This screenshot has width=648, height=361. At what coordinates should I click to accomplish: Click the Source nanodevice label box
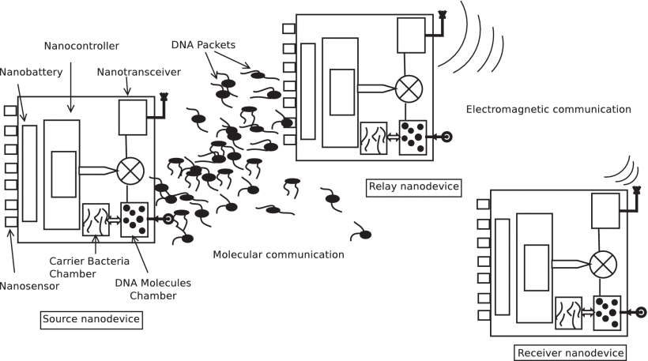pos(91,319)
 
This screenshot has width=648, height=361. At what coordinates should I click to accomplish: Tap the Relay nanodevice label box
pos(413,186)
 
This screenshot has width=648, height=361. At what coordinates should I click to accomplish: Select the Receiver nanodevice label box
pos(570,352)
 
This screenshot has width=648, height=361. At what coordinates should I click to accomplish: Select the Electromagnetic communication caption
pos(548,109)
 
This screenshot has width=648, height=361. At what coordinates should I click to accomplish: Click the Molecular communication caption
pos(278,254)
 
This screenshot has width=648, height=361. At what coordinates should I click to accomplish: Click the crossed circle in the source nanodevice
pos(129,170)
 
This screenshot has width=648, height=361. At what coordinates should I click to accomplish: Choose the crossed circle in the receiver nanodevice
pos(603,261)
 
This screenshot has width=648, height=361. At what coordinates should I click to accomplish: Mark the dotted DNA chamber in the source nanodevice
pos(133,219)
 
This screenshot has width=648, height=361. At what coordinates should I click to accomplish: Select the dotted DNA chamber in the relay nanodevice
pos(413,135)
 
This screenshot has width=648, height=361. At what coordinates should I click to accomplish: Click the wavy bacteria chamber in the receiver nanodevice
pos(568,310)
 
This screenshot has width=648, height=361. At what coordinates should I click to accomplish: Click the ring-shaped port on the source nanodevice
pos(168,220)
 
